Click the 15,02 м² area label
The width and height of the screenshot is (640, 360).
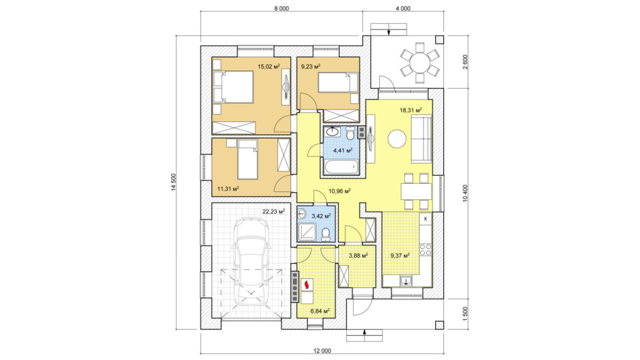269,67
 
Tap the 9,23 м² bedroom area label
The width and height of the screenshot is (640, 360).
310,67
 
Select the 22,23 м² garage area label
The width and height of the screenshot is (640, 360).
274,212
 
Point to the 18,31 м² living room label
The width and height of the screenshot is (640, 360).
411,110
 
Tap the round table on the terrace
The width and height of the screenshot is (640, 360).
420,63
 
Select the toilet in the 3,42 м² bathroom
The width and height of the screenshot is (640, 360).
325,235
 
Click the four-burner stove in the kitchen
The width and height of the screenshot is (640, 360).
426,250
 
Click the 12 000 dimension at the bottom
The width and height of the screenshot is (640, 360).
322,351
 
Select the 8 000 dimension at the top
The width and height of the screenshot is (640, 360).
282,9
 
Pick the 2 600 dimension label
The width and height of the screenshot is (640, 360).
466,62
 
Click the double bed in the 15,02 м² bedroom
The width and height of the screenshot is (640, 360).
234,87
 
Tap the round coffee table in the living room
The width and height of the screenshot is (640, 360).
397,139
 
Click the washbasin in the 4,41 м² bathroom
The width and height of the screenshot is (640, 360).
332,132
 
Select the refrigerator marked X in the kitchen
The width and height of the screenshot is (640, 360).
426,219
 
